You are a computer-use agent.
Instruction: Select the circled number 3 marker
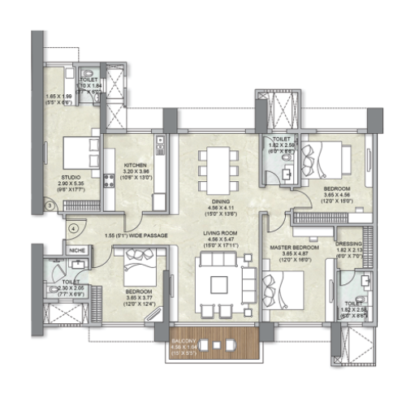coord(50,206)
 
